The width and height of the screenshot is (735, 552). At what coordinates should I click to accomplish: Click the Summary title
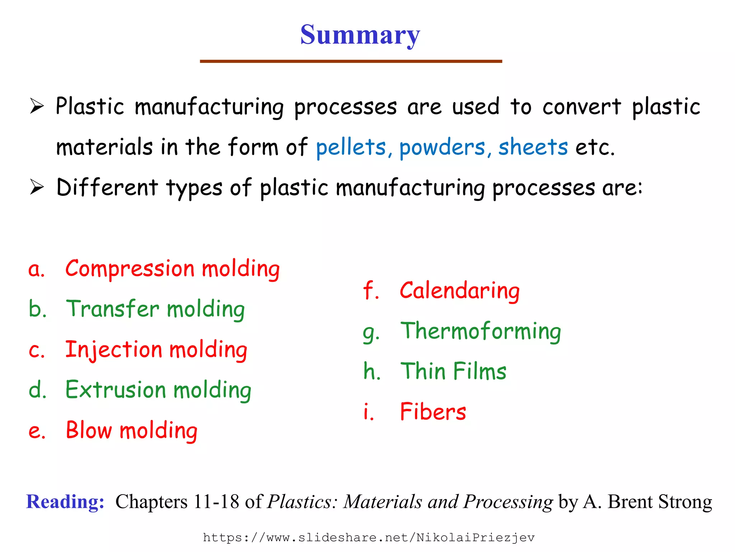(360, 35)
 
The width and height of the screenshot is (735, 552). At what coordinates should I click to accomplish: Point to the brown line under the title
(351, 61)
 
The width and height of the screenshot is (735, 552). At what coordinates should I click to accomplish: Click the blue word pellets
(351, 147)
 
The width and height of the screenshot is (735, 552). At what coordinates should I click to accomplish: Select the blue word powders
(442, 147)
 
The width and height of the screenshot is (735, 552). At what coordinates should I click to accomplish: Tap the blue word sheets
(533, 147)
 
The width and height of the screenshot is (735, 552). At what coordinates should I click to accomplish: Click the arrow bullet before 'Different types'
(37, 187)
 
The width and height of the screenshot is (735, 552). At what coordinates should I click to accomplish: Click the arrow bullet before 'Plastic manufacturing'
(37, 107)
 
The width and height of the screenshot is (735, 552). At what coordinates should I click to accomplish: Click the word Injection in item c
(113, 350)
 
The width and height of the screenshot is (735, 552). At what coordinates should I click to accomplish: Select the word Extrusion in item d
(116, 390)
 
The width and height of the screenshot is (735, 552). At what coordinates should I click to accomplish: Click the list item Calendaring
(459, 291)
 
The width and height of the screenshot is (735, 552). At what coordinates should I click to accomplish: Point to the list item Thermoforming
(481, 331)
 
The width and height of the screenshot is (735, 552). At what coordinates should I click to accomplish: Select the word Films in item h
(480, 371)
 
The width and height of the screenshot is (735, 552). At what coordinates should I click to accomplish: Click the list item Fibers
(433, 411)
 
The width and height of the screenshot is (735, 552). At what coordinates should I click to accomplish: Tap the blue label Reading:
(65, 502)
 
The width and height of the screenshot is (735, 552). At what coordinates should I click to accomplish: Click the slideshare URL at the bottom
(369, 538)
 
